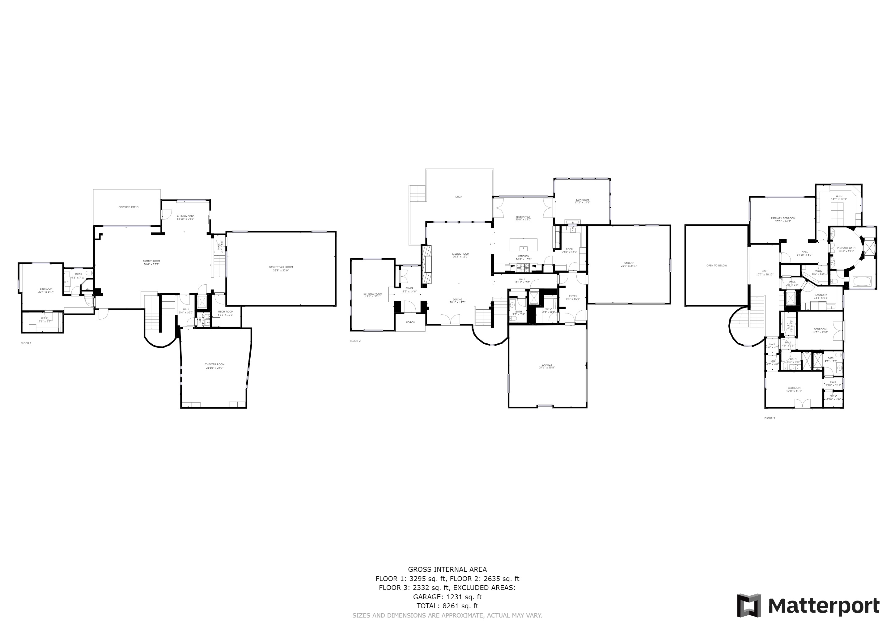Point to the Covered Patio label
[x=128, y=207]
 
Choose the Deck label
[x=459, y=197]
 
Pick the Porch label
[x=410, y=322]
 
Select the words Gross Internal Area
[x=447, y=569]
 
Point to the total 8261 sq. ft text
[x=447, y=606]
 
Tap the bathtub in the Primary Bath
[x=862, y=281]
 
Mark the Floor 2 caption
[x=355, y=341]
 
